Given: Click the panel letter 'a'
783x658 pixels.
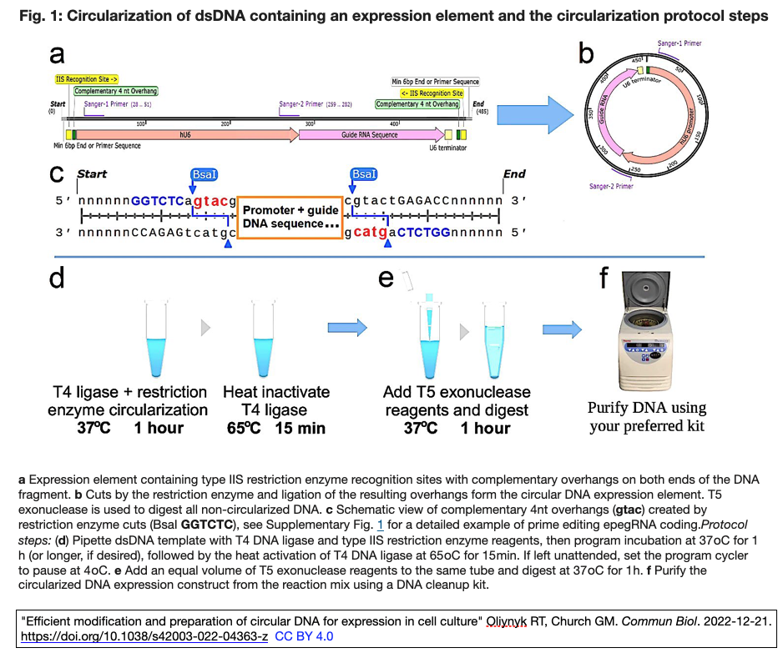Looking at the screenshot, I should (x=57, y=54).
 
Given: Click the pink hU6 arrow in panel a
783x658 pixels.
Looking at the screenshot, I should (x=184, y=134).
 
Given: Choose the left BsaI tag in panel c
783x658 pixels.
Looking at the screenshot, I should (x=205, y=174).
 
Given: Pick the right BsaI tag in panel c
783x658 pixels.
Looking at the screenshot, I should (x=363, y=174).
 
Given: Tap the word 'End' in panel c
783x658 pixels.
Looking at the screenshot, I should (x=514, y=174).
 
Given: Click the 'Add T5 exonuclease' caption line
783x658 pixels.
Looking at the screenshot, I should (x=457, y=392).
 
